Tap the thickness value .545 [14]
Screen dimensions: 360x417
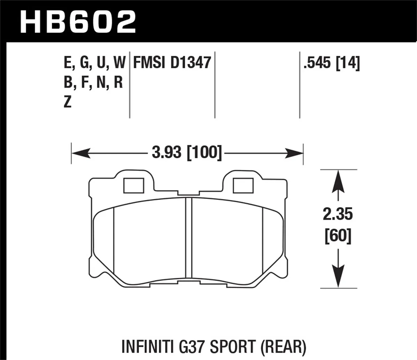click(x=331, y=63)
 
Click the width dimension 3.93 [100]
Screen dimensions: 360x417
click(x=187, y=152)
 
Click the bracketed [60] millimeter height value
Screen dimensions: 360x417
click(x=338, y=237)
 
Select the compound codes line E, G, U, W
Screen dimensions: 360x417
click(x=94, y=63)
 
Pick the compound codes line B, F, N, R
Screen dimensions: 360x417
click(x=93, y=83)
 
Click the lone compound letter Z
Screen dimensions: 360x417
click(x=68, y=102)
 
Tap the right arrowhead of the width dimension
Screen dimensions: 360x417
click(x=295, y=152)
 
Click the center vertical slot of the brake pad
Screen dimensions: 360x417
click(x=189, y=240)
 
